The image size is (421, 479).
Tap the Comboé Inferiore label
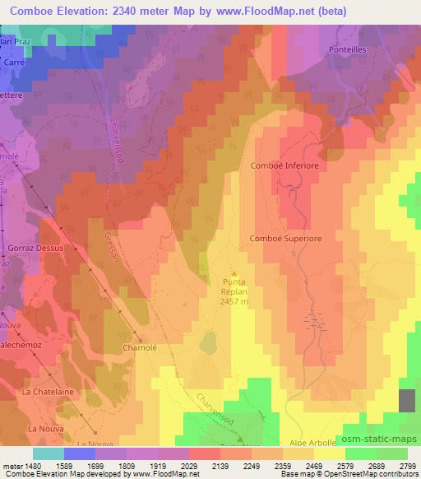284,165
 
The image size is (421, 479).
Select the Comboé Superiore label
284,238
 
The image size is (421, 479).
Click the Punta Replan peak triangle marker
234,273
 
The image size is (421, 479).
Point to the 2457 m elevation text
234,301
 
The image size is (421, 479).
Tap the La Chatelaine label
47,392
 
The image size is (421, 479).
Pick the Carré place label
14,62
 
